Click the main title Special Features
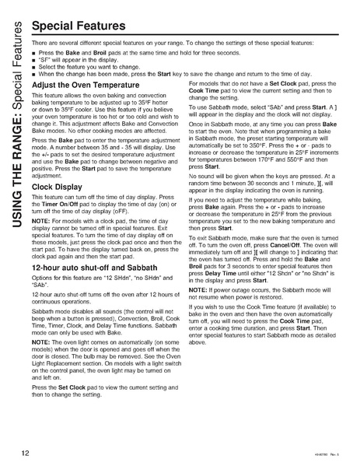click(80, 26)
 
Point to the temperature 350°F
click(263, 145)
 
